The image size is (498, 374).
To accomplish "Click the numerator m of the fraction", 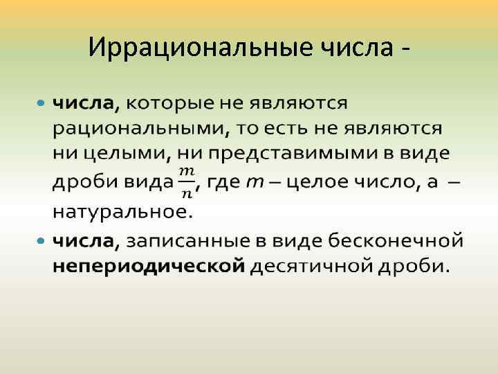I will (x=186, y=171).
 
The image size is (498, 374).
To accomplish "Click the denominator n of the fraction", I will (x=186, y=190).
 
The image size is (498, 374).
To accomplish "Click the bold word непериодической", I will (x=149, y=266).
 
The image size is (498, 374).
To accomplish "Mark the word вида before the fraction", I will (x=147, y=181).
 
